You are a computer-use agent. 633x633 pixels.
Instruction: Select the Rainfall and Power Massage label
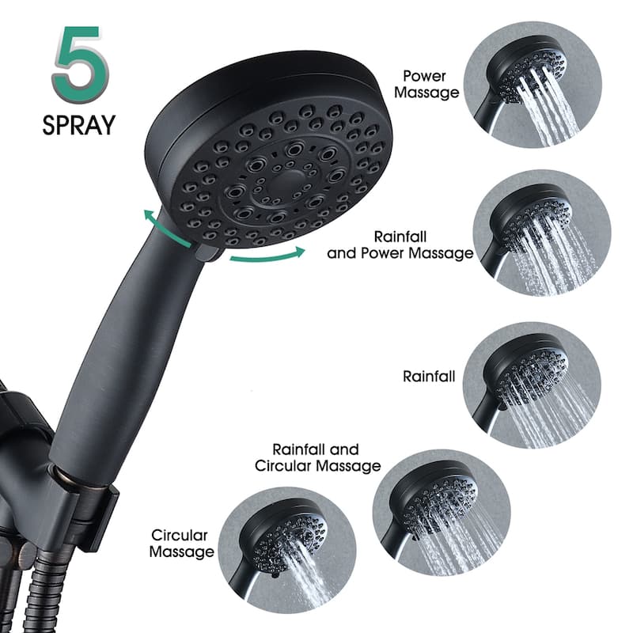click(400, 244)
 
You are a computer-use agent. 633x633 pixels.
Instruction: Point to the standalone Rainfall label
click(429, 377)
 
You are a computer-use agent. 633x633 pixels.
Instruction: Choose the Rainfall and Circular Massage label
click(317, 457)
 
